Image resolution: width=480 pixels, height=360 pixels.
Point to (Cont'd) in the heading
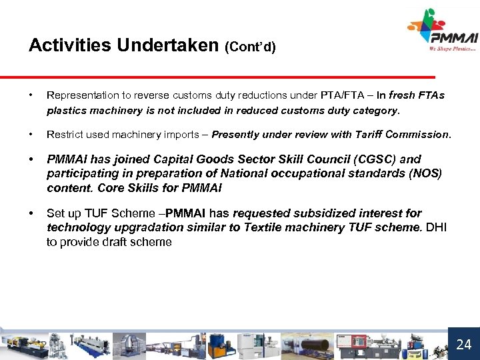point(250,47)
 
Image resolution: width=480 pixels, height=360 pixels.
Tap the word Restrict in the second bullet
point(63,134)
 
